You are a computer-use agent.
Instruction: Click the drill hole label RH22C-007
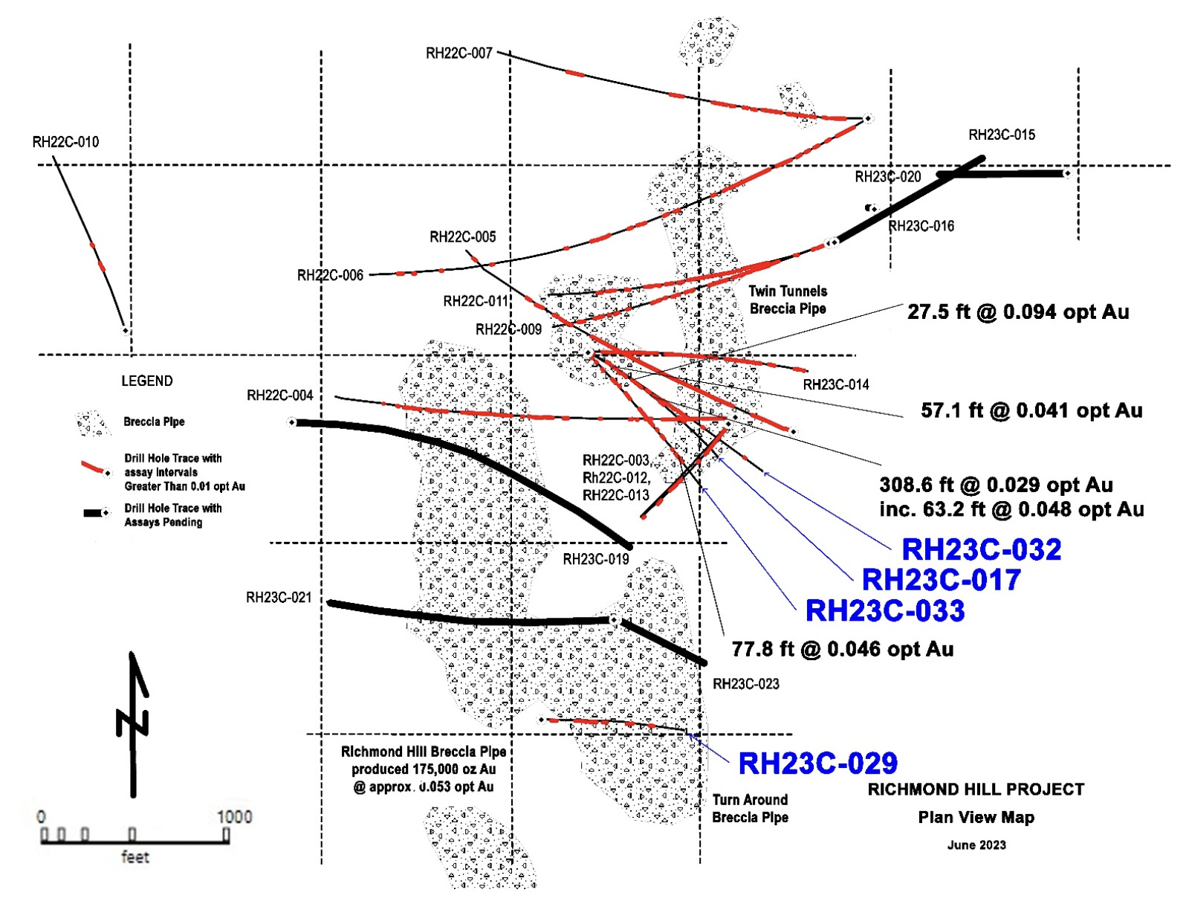[x=459, y=53]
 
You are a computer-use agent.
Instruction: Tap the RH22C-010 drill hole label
[x=65, y=142]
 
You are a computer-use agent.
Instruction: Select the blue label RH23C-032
[x=981, y=549]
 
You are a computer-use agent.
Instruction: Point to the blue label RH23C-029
[x=817, y=763]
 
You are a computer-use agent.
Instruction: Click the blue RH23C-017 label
[x=941, y=580]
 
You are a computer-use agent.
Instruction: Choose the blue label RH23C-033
[x=885, y=610]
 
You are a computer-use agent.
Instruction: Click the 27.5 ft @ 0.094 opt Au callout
[x=1018, y=312]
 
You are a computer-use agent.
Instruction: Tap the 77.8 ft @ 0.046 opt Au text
[x=843, y=649]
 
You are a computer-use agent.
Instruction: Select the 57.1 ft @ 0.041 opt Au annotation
[x=1031, y=410]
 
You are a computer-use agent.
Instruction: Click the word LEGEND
[x=147, y=381]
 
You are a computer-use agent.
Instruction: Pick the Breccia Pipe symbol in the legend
[x=94, y=423]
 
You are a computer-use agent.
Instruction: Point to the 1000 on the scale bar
[x=234, y=817]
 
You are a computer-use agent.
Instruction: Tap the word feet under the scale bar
[x=135, y=857]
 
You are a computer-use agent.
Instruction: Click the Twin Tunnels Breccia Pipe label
[x=788, y=300]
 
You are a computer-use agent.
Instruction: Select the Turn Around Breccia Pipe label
[x=750, y=808]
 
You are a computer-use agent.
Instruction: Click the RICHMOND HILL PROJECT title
[x=976, y=790]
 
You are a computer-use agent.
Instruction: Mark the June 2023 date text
[x=976, y=845]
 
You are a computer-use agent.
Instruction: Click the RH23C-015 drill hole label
[x=1002, y=135]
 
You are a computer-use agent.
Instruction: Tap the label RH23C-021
[x=279, y=598]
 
